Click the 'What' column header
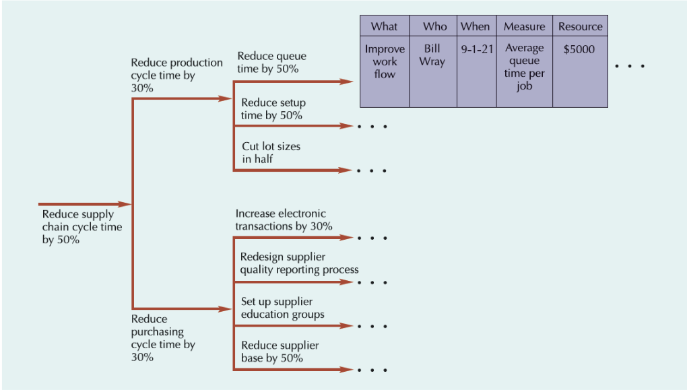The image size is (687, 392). pos(385,26)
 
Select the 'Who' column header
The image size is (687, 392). pos(434,26)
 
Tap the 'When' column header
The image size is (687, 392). pos(476,26)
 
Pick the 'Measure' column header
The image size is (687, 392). pos(524,26)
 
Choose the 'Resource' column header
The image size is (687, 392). pos(580,26)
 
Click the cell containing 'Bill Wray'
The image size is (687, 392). pos(432,55)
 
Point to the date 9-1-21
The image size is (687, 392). pos(477,49)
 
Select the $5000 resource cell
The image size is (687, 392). pos(579,49)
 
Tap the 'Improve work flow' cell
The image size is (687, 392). pos(385,61)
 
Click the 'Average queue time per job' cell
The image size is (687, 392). pos(524,67)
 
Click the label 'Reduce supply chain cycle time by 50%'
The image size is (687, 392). pos(81,227)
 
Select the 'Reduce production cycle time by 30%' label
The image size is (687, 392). pos(176,75)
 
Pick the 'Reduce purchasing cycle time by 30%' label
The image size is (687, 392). pos(163,338)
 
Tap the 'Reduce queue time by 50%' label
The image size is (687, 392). pos(271,62)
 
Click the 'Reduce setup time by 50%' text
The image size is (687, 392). pos(273,109)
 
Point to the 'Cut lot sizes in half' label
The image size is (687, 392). pos(271,152)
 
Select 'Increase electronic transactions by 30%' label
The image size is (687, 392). pos(284,220)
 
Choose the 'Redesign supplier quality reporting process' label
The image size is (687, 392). pos(299,263)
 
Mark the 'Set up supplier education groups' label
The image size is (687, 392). pos(282,308)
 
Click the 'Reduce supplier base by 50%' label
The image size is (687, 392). pos(280,352)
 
